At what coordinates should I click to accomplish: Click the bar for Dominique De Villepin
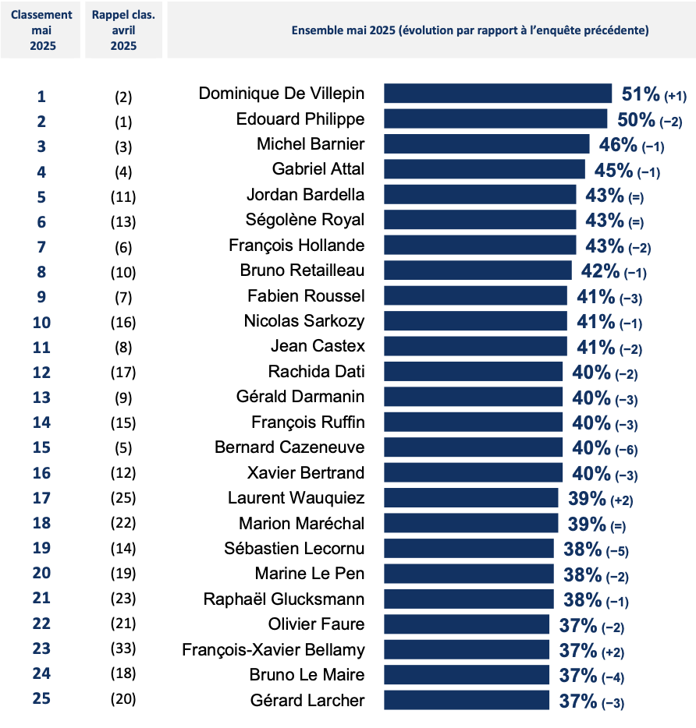coord(497,94)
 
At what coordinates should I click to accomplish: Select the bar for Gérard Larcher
coord(470,700)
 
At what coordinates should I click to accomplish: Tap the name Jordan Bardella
coord(305,194)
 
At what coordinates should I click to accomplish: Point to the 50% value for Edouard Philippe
coord(636,119)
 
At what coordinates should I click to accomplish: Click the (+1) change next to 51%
coord(674,96)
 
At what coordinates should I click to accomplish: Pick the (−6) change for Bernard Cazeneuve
coord(627,450)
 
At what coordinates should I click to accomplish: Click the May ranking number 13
coord(41,397)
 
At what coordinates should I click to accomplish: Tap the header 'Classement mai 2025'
coord(42,30)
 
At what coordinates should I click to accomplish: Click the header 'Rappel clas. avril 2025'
coord(123,30)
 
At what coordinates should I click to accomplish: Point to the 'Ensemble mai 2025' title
coord(470,30)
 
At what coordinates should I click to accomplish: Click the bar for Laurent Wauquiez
coord(471,498)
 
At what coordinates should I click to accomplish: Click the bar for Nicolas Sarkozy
coord(475,320)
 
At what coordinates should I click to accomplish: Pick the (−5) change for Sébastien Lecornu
coord(617,551)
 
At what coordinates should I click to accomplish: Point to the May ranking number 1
coord(41,97)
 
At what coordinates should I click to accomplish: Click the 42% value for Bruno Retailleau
coord(600,270)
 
